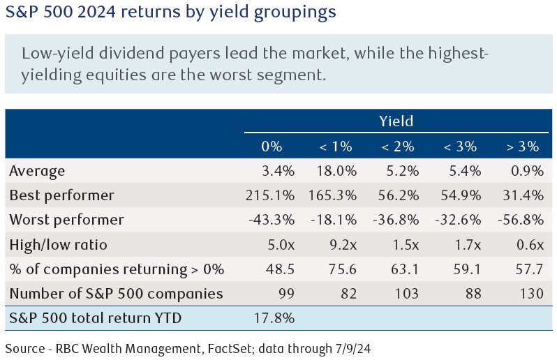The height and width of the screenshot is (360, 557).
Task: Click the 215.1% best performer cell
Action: point(272,195)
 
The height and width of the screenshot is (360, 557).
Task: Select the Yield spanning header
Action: point(396,121)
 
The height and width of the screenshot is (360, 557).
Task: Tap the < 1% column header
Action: point(335,147)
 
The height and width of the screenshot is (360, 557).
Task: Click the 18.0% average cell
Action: point(335,171)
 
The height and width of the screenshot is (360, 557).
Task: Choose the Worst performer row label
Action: point(66,220)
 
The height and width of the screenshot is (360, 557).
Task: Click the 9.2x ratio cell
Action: point(339,244)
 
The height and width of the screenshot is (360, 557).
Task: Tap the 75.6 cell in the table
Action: point(339,269)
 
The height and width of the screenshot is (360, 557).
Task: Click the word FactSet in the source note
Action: point(216,345)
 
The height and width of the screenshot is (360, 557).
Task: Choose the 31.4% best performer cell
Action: point(521,195)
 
